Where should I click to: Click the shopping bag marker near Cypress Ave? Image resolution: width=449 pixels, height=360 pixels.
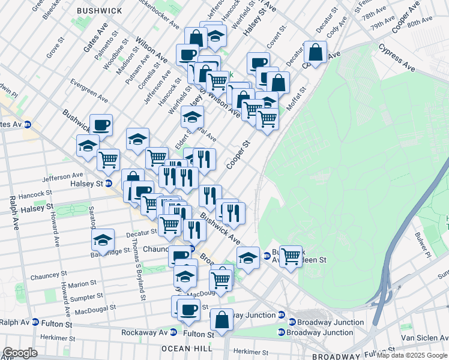tap(315, 52)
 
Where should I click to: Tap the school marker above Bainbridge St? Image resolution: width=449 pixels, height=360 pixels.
tap(103, 240)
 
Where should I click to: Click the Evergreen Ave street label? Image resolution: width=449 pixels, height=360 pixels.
tap(89, 90)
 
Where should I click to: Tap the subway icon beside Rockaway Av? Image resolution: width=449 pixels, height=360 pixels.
tap(173, 332)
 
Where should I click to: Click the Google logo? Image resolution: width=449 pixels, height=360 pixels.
tap(20, 353)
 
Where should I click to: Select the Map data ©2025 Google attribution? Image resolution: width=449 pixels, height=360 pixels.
tap(411, 355)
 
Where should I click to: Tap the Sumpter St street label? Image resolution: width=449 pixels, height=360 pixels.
tap(87, 297)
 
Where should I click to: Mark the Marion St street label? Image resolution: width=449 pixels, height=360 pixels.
tap(82, 283)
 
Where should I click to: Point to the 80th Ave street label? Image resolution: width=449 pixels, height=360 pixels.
tap(419, 22)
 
